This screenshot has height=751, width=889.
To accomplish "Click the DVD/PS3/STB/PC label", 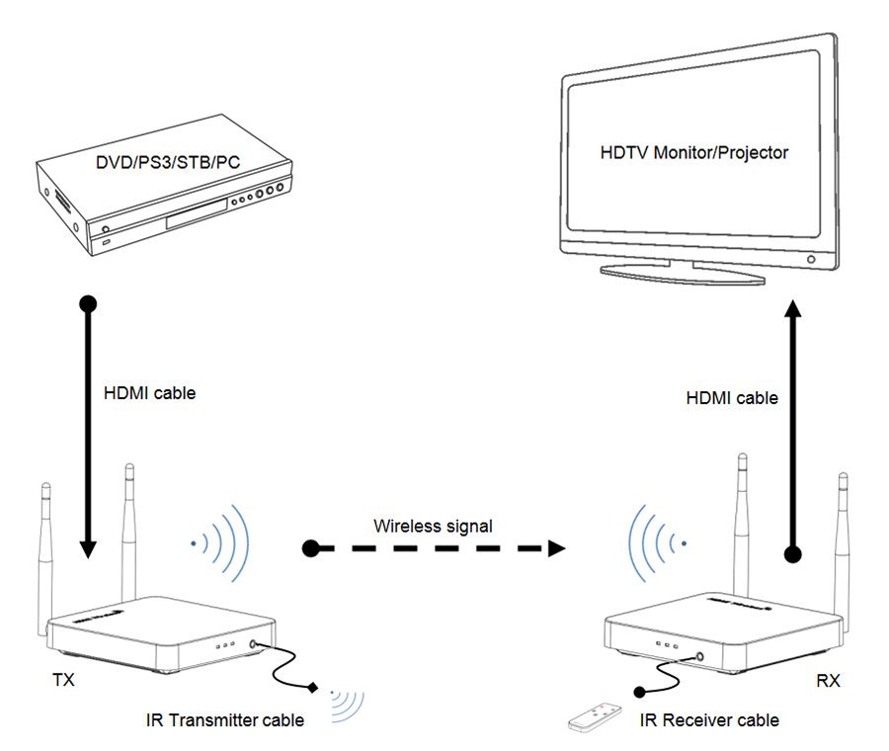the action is click(168, 162).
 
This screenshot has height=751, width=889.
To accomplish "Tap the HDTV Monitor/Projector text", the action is click(694, 152).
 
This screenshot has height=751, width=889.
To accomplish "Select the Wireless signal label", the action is click(433, 527).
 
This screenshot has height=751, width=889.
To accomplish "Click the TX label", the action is click(63, 680).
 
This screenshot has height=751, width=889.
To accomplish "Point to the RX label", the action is click(828, 680).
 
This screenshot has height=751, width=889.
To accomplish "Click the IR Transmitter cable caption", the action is click(225, 719).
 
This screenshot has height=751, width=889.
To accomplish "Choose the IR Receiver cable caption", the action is click(709, 719).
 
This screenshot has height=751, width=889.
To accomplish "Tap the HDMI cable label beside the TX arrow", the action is click(150, 393).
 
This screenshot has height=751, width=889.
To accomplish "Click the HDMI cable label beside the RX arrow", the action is click(732, 398).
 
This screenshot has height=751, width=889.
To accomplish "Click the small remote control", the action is click(595, 715).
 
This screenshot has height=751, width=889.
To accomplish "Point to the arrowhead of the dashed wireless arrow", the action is click(557, 548).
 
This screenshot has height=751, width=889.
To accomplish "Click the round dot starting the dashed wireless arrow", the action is click(311, 548).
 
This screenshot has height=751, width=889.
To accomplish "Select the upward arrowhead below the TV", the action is click(792, 309).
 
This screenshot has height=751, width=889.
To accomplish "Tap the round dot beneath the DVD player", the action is click(88, 304).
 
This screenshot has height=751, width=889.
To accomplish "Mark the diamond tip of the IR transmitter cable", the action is click(312, 688).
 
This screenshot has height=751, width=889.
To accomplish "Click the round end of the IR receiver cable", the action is click(639, 692).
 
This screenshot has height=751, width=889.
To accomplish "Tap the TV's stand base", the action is click(683, 274).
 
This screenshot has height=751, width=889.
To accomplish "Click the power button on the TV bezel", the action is click(811, 259).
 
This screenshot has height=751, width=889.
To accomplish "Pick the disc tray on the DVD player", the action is click(197, 213).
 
